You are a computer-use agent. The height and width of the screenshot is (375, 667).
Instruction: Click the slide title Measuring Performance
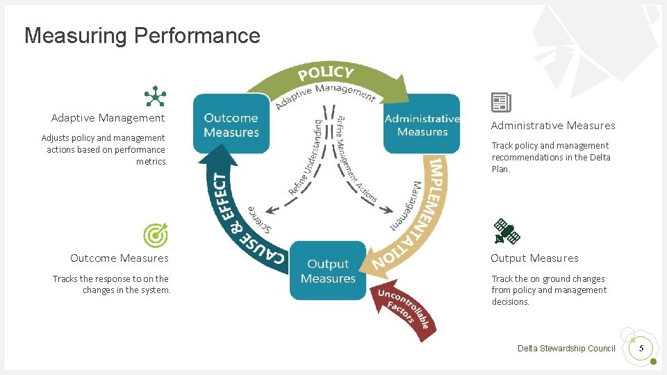pyautogui.click(x=142, y=35)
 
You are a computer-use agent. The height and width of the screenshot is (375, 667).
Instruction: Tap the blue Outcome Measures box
pyautogui.click(x=231, y=125)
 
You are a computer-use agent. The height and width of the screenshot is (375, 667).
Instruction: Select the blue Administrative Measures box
pyautogui.click(x=422, y=125)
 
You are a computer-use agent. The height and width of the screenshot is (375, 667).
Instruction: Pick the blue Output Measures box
pyautogui.click(x=327, y=271)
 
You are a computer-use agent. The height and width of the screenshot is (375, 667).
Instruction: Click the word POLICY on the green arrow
pyautogui.click(x=326, y=72)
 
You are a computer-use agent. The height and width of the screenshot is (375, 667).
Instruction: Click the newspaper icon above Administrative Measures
pyautogui.click(x=501, y=103)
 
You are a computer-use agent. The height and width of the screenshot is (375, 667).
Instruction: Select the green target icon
pyautogui.click(x=155, y=236)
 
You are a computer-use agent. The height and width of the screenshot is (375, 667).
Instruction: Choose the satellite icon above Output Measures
pyautogui.click(x=507, y=232)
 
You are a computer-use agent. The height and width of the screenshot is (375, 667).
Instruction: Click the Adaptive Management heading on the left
pyautogui.click(x=108, y=118)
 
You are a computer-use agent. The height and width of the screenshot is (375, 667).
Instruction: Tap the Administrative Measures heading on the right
pyautogui.click(x=553, y=126)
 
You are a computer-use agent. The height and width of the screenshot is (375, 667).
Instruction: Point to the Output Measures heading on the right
pyautogui.click(x=534, y=258)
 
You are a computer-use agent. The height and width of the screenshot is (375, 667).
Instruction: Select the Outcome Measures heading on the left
pyautogui.click(x=120, y=258)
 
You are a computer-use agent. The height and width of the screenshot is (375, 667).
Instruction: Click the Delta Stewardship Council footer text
pyautogui.click(x=566, y=349)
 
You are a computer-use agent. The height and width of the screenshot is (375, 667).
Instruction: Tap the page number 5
pyautogui.click(x=642, y=347)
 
